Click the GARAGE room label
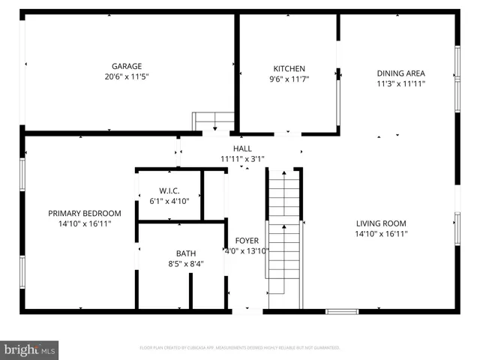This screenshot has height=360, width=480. pyautogui.click(x=127, y=66)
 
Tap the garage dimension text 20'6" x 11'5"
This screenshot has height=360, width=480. pyautogui.click(x=127, y=76)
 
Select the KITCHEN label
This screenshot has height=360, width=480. pyautogui.click(x=289, y=68)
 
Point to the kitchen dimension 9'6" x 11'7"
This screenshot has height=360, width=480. pyautogui.click(x=289, y=79)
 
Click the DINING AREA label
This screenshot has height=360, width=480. pyautogui.click(x=400, y=73)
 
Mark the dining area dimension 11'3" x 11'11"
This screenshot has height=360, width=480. pyautogui.click(x=400, y=83)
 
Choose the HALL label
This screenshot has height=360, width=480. pyautogui.click(x=242, y=148)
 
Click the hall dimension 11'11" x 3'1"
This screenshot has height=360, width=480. pyautogui.click(x=242, y=159)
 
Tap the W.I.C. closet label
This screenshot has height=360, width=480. pyautogui.click(x=169, y=190)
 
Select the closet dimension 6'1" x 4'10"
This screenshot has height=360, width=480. pyautogui.click(x=169, y=201)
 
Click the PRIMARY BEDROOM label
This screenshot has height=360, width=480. pyautogui.click(x=85, y=213)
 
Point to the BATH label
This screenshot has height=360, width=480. pyautogui.click(x=186, y=253)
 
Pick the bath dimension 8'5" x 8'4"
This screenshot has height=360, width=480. pyautogui.click(x=186, y=263)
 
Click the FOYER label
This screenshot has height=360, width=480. pyautogui.click(x=247, y=241)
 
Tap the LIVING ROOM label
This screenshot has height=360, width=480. pyautogui.click(x=380, y=223)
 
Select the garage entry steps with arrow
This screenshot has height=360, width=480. pyautogui.click(x=214, y=121)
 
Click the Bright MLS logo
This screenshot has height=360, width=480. pyautogui.click(x=30, y=349)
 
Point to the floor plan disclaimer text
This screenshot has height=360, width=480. pyautogui.click(x=240, y=348)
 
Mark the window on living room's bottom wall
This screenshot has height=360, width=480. pyautogui.click(x=341, y=310)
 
